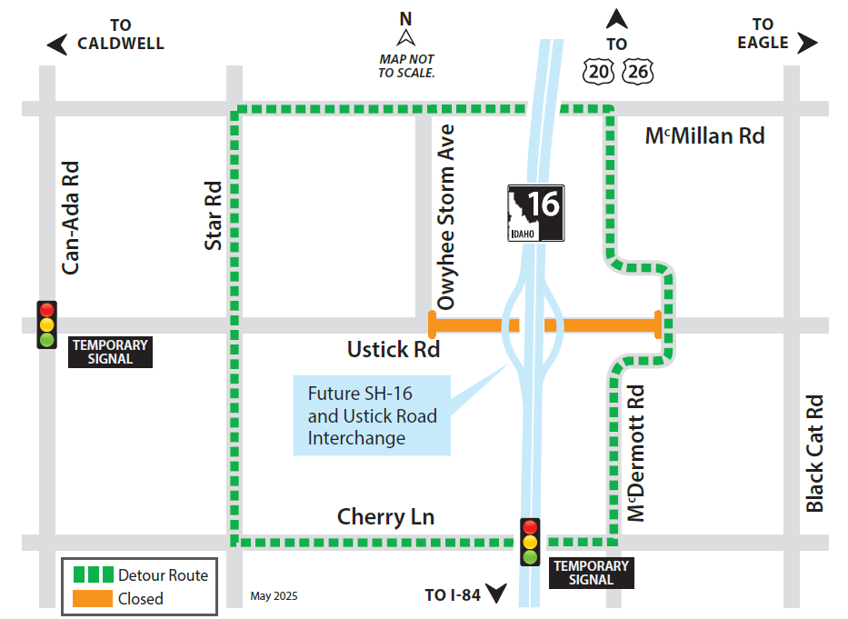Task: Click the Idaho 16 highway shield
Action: (x=535, y=214)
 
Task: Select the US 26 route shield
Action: (x=638, y=72)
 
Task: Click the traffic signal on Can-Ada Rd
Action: (x=46, y=324)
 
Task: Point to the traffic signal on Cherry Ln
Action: (x=530, y=542)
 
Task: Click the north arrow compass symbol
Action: (x=406, y=37)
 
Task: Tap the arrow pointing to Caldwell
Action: (x=57, y=44)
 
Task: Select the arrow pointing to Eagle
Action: (x=807, y=43)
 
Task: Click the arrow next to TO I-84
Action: (x=495, y=594)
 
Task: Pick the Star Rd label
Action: (x=214, y=216)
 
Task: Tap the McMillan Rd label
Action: (x=704, y=136)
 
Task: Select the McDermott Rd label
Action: (x=636, y=453)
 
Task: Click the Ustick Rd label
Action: (x=393, y=349)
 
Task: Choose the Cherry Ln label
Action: (x=385, y=517)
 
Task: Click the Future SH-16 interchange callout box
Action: (x=372, y=415)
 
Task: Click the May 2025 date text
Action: (x=274, y=596)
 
